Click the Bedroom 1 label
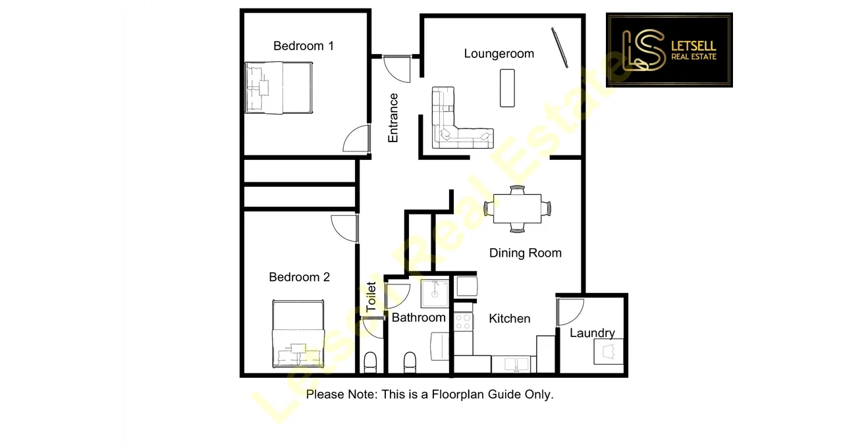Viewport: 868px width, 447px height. tap(303, 46)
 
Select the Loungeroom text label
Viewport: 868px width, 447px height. tap(499, 54)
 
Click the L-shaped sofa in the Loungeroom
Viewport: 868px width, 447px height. tap(454, 122)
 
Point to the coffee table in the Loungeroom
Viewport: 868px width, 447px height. tap(508, 88)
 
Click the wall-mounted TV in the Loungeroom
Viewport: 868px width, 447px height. tap(559, 47)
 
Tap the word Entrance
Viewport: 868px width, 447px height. tap(393, 118)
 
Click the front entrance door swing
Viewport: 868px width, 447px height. tap(397, 68)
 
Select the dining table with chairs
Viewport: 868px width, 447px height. tap(518, 209)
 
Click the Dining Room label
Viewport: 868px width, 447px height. tap(525, 253)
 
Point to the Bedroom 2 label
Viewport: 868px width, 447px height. tap(299, 277)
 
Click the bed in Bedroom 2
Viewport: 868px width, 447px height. tap(298, 334)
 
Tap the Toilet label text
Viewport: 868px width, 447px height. tap(371, 297)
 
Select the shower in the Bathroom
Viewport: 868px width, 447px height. tap(435, 293)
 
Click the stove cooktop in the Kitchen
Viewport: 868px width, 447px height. tap(464, 322)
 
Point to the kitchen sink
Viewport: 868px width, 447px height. tap(513, 364)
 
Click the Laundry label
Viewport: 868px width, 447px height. tap(592, 333)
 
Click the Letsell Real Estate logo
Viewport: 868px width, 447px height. tap(669, 49)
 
